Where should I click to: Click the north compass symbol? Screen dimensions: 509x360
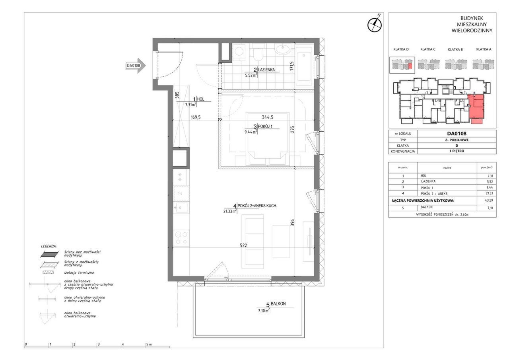[375, 24]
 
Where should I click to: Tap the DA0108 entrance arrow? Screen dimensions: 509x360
[136, 66]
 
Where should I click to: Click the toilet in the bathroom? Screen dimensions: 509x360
[258, 53]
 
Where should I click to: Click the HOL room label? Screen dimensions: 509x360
[201, 99]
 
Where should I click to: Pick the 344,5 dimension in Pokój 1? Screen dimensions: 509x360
[268, 117]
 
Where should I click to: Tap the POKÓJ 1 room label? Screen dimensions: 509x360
[265, 126]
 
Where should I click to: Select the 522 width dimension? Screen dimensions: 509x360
[243, 245]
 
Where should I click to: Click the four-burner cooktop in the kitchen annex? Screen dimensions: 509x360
[181, 238]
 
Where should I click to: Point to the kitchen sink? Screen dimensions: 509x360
[181, 208]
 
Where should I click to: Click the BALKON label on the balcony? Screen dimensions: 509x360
[278, 304]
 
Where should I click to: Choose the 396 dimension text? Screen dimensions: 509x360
[292, 222]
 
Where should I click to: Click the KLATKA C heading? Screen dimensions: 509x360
[428, 49]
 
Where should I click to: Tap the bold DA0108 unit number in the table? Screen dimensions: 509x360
[457, 133]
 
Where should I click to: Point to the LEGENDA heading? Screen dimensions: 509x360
[49, 246]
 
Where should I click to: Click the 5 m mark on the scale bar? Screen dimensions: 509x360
[149, 344]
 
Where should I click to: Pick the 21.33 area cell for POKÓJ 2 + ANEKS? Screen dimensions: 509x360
[489, 193]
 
